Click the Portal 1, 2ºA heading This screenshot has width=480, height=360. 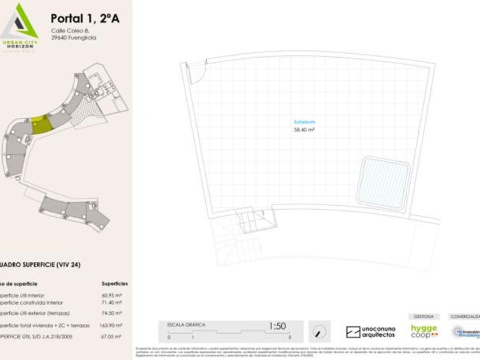pyautogui.click(x=85, y=19)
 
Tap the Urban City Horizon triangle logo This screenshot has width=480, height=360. pyautogui.click(x=20, y=23)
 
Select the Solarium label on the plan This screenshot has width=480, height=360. pyautogui.click(x=304, y=122)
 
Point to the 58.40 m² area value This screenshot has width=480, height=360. pyautogui.click(x=304, y=130)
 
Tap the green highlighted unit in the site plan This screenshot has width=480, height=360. pyautogui.click(x=41, y=125)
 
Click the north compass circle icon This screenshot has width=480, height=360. pyautogui.click(x=320, y=331)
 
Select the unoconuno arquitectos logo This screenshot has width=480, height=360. pyautogui.click(x=370, y=331)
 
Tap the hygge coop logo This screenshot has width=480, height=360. pyautogui.click(x=424, y=331)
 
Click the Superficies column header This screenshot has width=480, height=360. pyautogui.click(x=115, y=283)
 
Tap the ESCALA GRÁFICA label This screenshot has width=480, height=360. pyautogui.click(x=186, y=325)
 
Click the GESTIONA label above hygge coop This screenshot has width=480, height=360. pyautogui.click(x=423, y=316)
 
